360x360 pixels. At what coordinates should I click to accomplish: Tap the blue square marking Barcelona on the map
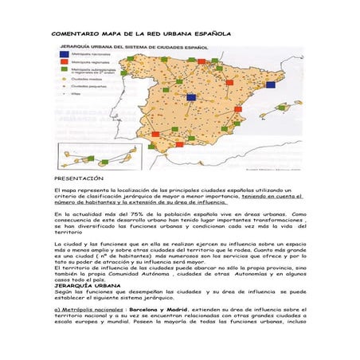[x=270, y=84]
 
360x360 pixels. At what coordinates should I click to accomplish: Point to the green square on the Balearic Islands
[x=281, y=107]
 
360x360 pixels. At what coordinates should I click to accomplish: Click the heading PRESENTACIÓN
[x=79, y=179]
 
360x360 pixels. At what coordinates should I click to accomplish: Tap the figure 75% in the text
[x=135, y=215]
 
